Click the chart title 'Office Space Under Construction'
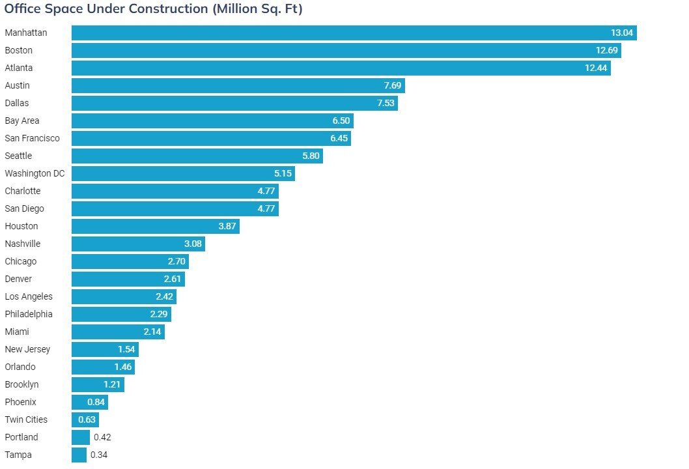click(153, 9)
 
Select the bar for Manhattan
click(354, 33)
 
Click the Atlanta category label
click(18, 68)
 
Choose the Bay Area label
click(21, 121)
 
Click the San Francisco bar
click(211, 138)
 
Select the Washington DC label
click(35, 173)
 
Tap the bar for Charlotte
click(175, 191)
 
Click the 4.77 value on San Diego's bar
click(266, 208)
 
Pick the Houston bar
click(155, 226)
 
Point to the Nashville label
click(22, 244)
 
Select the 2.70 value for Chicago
click(176, 261)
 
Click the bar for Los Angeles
click(124, 296)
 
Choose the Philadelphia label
click(29, 314)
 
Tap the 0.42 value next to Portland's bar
click(102, 437)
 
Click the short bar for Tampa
click(79, 455)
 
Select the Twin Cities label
click(26, 419)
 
